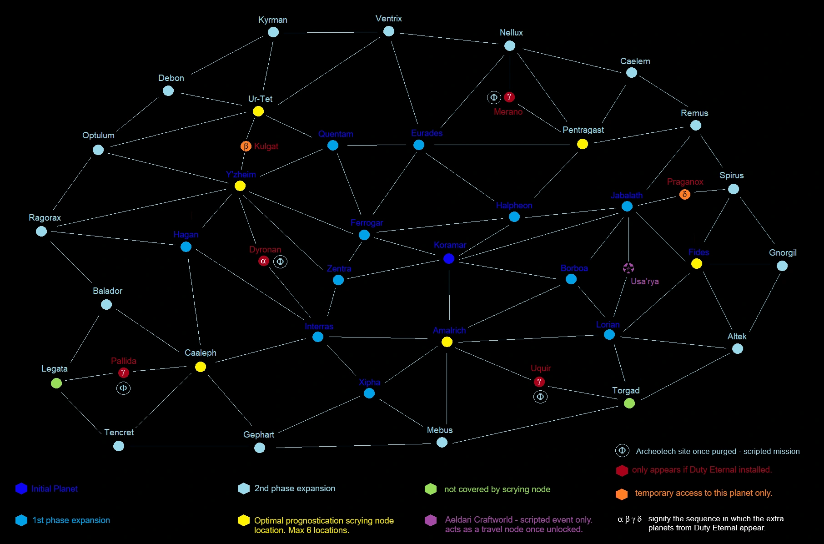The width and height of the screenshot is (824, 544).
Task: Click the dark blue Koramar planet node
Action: tap(449, 258)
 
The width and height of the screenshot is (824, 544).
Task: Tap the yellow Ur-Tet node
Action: tap(258, 111)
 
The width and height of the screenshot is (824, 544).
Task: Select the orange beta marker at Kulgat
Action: tap(246, 146)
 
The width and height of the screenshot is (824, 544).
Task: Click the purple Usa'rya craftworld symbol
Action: tap(628, 268)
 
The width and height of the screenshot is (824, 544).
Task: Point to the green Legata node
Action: tap(56, 383)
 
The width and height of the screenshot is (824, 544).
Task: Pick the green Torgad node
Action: tap(629, 403)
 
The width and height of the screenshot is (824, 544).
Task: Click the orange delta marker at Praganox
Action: tap(685, 194)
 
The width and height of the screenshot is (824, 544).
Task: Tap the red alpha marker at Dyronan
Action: tap(263, 261)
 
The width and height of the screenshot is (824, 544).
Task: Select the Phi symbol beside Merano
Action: tap(494, 97)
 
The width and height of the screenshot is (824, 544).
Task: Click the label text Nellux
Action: tap(511, 33)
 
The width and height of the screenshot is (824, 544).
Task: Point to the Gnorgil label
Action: tap(783, 253)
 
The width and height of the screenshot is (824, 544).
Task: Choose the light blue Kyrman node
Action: tap(273, 32)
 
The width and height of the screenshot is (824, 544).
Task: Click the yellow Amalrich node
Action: tap(447, 342)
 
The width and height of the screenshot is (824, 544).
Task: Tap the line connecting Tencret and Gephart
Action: tap(189, 446)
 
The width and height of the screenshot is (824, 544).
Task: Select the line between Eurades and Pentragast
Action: tap(500, 145)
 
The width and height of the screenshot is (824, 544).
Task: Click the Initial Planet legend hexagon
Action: tap(21, 489)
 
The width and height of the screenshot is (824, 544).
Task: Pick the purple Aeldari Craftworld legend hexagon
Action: tap(431, 520)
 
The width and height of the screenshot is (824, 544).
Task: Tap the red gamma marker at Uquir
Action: tap(539, 382)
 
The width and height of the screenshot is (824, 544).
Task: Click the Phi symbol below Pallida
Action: tap(123, 388)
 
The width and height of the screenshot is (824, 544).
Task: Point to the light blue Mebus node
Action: tap(442, 442)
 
